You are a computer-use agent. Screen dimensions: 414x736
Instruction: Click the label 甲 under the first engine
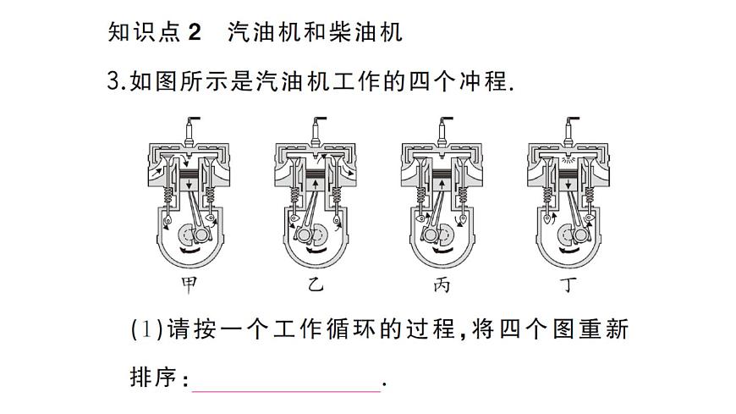(190, 285)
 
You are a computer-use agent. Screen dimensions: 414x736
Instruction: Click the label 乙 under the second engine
(316, 285)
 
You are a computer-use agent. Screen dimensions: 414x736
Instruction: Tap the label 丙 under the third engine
(442, 285)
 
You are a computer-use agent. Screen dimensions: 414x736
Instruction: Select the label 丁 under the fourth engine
(568, 285)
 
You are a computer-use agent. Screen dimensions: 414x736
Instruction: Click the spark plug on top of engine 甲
(190, 127)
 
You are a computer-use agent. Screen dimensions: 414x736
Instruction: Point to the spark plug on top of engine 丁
(568, 127)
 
